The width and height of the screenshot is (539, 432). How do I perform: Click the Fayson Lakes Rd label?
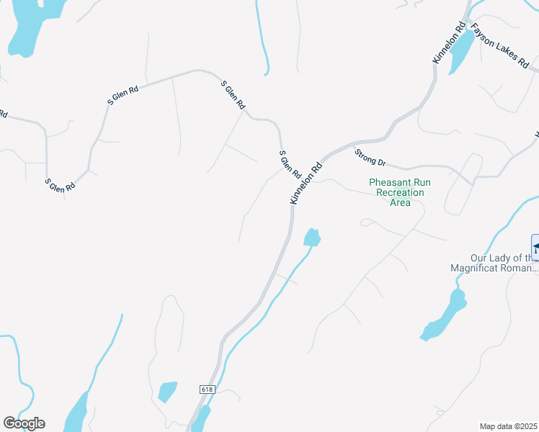click(x=499, y=45)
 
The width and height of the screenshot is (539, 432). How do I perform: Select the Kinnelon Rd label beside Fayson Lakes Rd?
click(x=447, y=43)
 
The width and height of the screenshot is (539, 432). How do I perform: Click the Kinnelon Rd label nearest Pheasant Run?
click(x=306, y=183)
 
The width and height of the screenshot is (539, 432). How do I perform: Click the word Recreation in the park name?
click(x=396, y=193)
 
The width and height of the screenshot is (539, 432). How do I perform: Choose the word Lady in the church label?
click(x=502, y=258)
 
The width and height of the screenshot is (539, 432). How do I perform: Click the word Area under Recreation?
click(x=400, y=203)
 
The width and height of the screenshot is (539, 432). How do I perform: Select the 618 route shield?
click(x=208, y=389)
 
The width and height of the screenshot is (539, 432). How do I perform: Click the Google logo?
click(x=24, y=423)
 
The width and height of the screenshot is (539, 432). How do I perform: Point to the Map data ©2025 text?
click(x=508, y=426)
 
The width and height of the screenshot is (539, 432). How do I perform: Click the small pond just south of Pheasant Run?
click(x=312, y=237)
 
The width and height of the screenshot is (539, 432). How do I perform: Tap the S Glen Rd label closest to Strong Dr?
click(x=290, y=164)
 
